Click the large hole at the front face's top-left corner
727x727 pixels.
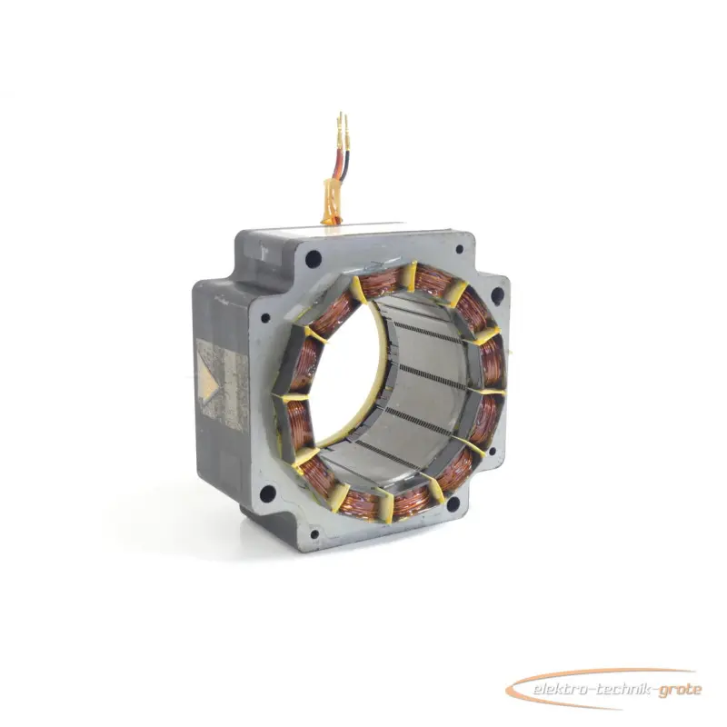(x=314, y=257)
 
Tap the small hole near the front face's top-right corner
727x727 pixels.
(x=460, y=249)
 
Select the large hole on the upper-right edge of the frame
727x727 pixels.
(x=497, y=294)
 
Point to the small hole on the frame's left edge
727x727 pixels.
(x=265, y=318)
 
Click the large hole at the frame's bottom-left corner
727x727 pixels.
(x=267, y=493)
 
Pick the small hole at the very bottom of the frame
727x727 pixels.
(x=314, y=534)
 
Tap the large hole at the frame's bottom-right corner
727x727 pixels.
(x=453, y=503)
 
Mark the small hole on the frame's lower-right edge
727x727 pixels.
(x=493, y=451)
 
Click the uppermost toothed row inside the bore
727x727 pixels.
(x=425, y=333)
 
